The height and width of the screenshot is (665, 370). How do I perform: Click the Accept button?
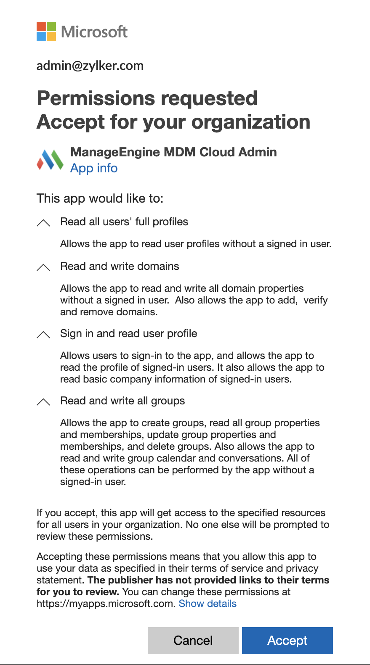click(x=287, y=640)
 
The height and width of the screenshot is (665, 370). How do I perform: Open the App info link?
click(x=94, y=168)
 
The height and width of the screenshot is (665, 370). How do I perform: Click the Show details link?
click(x=208, y=604)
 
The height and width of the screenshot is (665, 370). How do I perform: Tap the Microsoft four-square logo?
click(x=46, y=32)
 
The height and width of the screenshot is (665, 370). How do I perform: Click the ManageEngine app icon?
click(x=50, y=160)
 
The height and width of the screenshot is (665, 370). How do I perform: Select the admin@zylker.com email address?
click(x=90, y=66)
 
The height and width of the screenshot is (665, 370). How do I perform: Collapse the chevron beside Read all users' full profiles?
click(x=43, y=222)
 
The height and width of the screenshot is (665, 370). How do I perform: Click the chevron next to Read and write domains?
click(x=43, y=267)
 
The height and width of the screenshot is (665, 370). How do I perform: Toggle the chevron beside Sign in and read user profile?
click(x=43, y=334)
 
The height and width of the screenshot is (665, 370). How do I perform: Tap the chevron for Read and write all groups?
click(x=43, y=401)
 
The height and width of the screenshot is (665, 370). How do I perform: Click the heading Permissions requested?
click(x=147, y=98)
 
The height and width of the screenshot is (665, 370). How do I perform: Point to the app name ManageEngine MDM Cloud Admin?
click(x=173, y=152)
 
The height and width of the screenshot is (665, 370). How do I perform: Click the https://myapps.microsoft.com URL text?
click(x=105, y=604)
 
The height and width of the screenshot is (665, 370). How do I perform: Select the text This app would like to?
click(x=100, y=198)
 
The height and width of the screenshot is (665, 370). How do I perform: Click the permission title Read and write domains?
click(x=120, y=266)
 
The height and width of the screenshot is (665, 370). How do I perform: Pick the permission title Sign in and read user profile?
click(x=128, y=333)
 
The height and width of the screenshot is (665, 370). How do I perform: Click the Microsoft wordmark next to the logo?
click(x=94, y=32)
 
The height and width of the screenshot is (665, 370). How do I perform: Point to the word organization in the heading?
click(x=251, y=122)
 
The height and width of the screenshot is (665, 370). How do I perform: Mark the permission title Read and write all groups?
click(x=122, y=401)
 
